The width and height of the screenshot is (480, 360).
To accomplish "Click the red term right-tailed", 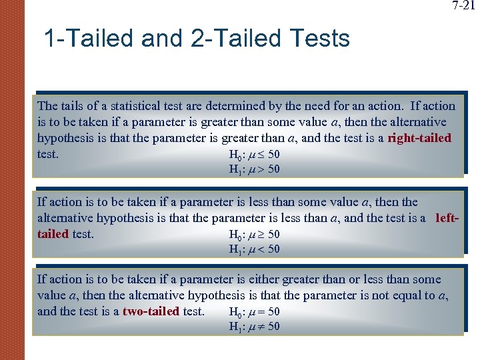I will point(419,138).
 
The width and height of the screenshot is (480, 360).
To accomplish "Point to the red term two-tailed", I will point(151,311).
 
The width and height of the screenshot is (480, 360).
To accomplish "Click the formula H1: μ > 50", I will point(254,169).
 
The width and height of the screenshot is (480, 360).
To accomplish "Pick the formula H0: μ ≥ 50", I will point(254,235).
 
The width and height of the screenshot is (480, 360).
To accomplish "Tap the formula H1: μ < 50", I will point(254,249).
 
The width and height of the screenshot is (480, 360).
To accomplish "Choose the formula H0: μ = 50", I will point(254,312).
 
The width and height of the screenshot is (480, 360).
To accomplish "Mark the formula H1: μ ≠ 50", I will point(254,327).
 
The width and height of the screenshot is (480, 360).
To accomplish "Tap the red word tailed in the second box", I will point(53,234).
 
